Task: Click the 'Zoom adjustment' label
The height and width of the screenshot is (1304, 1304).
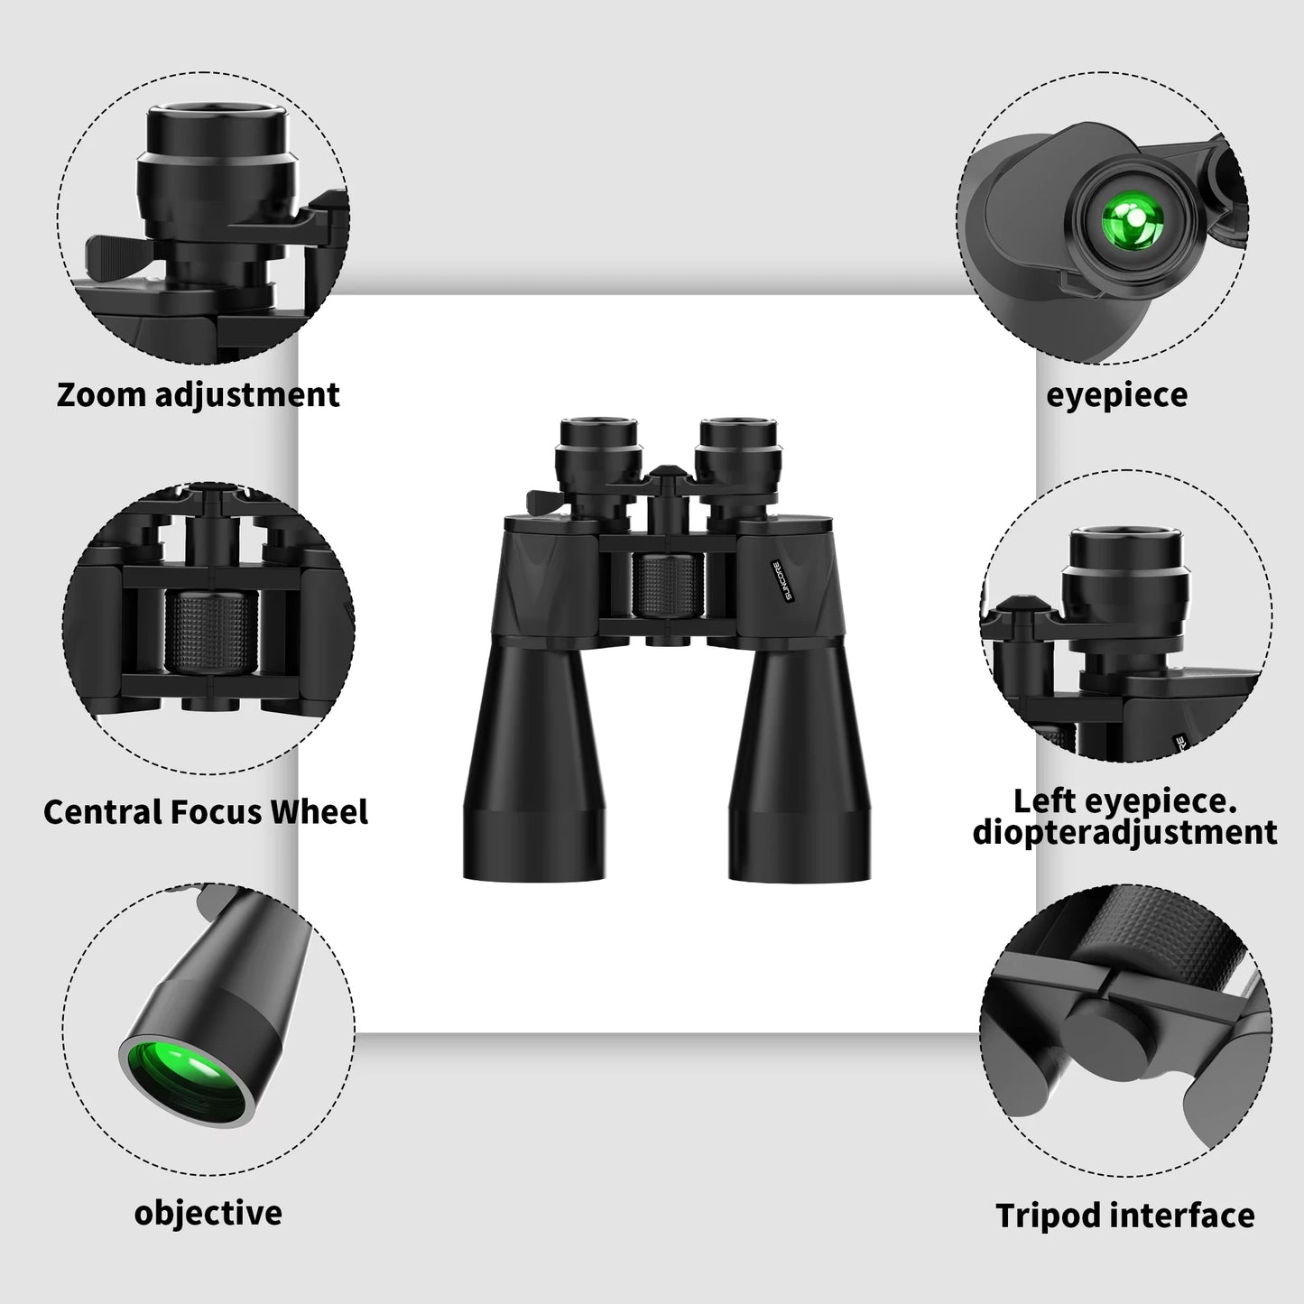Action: coord(198,395)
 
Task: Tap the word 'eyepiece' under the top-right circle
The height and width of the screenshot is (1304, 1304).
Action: coord(1116,395)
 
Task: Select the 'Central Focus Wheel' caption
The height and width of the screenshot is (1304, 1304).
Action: coord(206,811)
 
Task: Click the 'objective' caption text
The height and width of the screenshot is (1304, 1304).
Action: coord(208,1212)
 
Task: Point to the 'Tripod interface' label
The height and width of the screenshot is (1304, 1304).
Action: coord(1124,1215)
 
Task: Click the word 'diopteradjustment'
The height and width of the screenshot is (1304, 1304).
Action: coord(1124,832)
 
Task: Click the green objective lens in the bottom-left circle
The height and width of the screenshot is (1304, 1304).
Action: coord(185,1077)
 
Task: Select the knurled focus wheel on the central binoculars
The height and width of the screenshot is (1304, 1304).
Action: coord(668,586)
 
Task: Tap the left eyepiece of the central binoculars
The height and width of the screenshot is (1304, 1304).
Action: coord(598,443)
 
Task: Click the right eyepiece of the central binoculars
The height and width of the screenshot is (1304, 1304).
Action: coord(737,443)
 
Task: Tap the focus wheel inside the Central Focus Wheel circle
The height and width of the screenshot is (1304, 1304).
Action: coord(210,632)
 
